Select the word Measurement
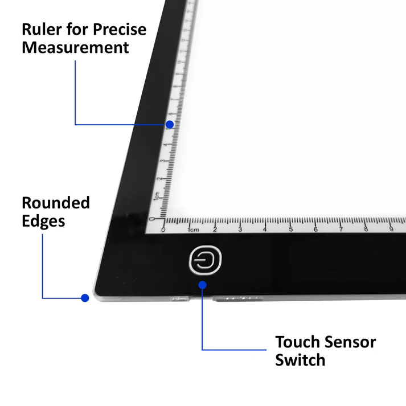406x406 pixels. click(75, 48)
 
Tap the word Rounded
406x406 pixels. click(56, 203)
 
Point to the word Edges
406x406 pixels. click(43, 221)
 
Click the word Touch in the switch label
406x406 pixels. click(297, 342)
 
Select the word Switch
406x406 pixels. click(300, 360)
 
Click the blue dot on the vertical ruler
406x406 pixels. click(170, 124)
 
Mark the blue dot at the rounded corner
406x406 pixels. click(85, 297)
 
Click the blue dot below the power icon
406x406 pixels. click(203, 285)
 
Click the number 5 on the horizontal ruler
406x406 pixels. click(290, 229)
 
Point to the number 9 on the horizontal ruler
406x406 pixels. click(391, 229)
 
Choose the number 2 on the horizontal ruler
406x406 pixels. click(215, 229)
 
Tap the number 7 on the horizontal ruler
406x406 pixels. click(341, 229)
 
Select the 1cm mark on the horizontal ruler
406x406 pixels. click(192, 229)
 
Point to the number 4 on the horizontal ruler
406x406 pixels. click(265, 229)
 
